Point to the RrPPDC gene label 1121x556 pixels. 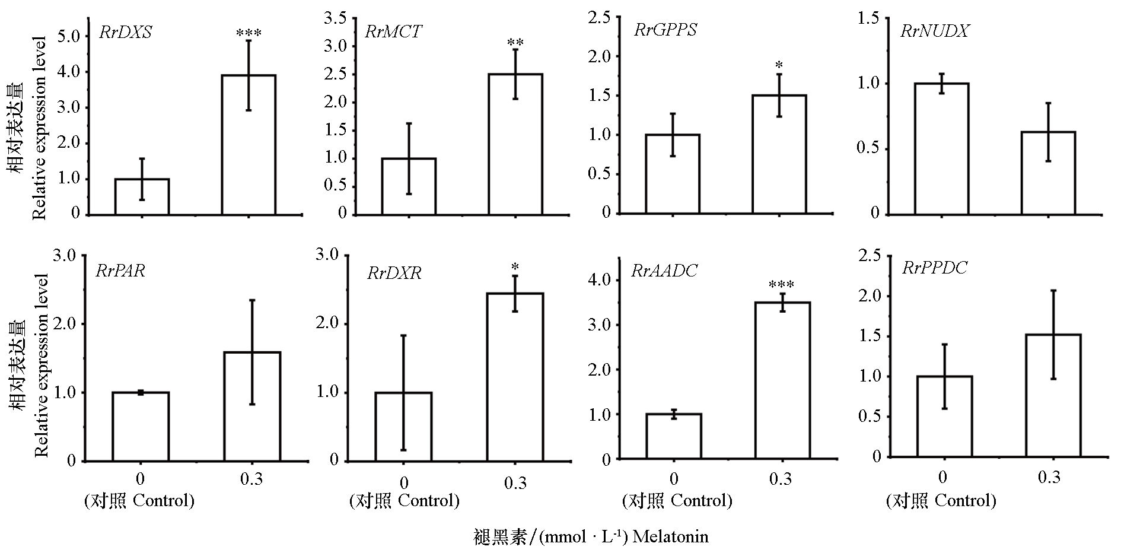934,268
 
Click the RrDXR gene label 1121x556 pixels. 394,273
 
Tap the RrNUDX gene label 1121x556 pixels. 934,31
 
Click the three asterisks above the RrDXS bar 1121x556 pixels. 248,33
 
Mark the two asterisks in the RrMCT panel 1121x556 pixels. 515,43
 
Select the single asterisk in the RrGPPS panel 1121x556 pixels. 779,64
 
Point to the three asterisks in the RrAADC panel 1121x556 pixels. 781,285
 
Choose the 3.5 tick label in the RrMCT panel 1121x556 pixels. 335,18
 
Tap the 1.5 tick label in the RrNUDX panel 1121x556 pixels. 868,19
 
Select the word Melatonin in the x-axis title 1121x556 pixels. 671,537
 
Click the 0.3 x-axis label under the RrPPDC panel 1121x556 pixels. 1049,477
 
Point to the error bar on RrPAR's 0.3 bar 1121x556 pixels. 252,352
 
